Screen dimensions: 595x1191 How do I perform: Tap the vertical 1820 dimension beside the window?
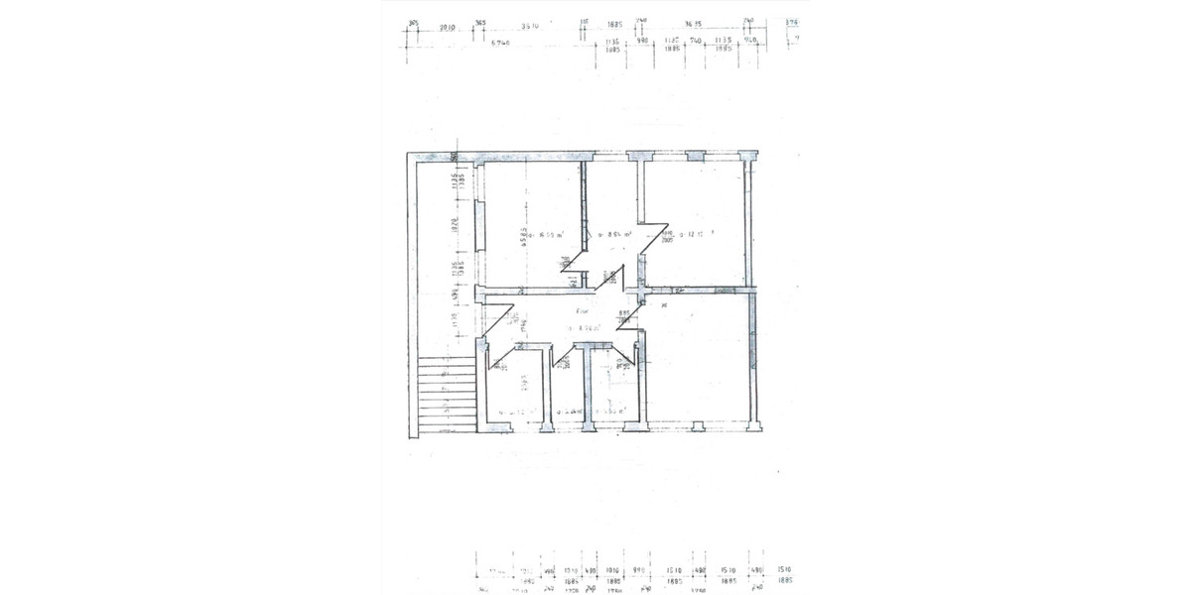[453, 225]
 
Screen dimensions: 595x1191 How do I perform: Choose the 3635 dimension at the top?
[694, 25]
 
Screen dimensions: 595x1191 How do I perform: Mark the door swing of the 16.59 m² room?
[569, 270]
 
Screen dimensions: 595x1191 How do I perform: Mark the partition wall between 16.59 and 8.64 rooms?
[584, 223]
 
